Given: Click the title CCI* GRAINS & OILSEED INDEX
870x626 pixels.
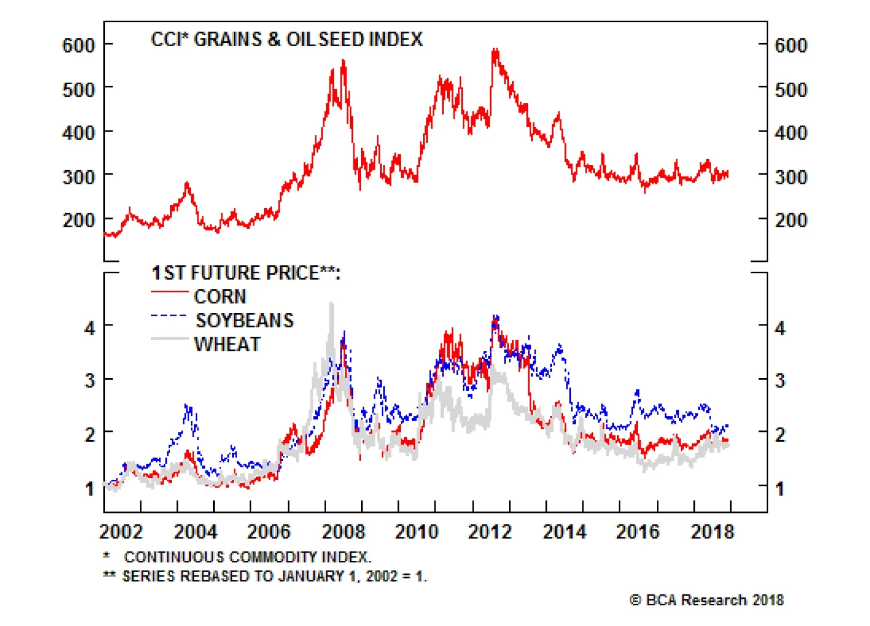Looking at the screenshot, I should pyautogui.click(x=287, y=40).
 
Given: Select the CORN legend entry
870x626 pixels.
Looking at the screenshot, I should pyautogui.click(x=220, y=297).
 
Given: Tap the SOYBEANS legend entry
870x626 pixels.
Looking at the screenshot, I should pyautogui.click(x=244, y=321).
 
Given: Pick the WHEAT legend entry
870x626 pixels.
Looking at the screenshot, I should pyautogui.click(x=227, y=345).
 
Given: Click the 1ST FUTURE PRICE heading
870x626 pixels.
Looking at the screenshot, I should pyautogui.click(x=246, y=273).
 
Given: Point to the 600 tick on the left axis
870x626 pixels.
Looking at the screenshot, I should pyautogui.click(x=78, y=45).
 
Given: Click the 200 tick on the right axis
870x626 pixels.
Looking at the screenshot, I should pyautogui.click(x=791, y=220).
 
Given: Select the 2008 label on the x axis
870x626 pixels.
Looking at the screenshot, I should pyautogui.click(x=343, y=531).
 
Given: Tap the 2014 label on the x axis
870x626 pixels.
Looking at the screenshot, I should pyautogui.click(x=564, y=531).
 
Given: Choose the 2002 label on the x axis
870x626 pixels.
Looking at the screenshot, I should pyautogui.click(x=121, y=531).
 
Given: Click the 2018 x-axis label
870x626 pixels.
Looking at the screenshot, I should pyautogui.click(x=712, y=531).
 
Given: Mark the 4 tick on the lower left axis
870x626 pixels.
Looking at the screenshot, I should pyautogui.click(x=90, y=328).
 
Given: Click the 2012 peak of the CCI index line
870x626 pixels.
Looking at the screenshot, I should pyautogui.click(x=495, y=51).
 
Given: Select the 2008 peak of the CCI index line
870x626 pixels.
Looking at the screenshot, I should pyautogui.click(x=343, y=61).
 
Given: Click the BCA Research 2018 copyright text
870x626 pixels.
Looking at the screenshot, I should pyautogui.click(x=706, y=600).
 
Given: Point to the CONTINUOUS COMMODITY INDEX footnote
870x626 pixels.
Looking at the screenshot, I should pyautogui.click(x=247, y=557).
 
